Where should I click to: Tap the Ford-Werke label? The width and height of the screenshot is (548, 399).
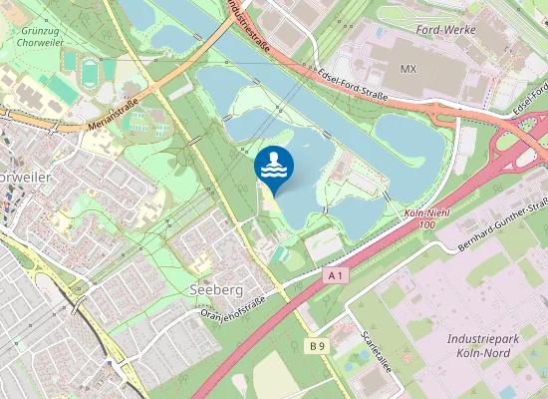[x=447, y=30]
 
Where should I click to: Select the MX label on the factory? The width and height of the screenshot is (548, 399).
[x=407, y=69]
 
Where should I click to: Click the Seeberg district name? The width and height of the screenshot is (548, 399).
[x=215, y=288]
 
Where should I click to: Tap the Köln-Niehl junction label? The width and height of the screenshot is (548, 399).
[x=428, y=214]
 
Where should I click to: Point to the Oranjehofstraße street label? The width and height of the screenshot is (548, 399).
[x=233, y=305]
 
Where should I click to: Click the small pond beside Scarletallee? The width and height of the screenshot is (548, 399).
[x=356, y=357]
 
